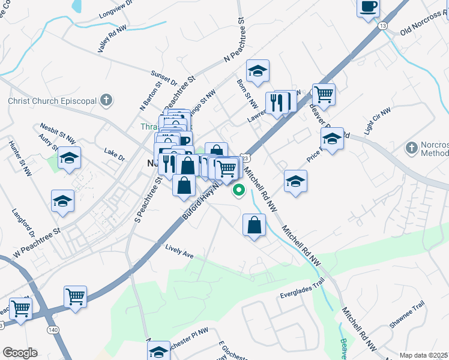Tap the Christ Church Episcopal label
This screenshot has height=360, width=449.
pos(52,101)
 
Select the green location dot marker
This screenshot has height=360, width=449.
pos(239,191)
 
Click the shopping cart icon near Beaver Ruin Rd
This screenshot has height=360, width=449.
pos(324,94)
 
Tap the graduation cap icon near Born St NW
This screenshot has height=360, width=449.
pos(258,71)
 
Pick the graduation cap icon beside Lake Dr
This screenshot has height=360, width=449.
pos(70,159)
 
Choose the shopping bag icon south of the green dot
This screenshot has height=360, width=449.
pos(255,226)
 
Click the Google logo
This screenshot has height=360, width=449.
pos(20,353)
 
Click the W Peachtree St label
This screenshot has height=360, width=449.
pos(37,241)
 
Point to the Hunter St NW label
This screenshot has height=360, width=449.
pos(20,159)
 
